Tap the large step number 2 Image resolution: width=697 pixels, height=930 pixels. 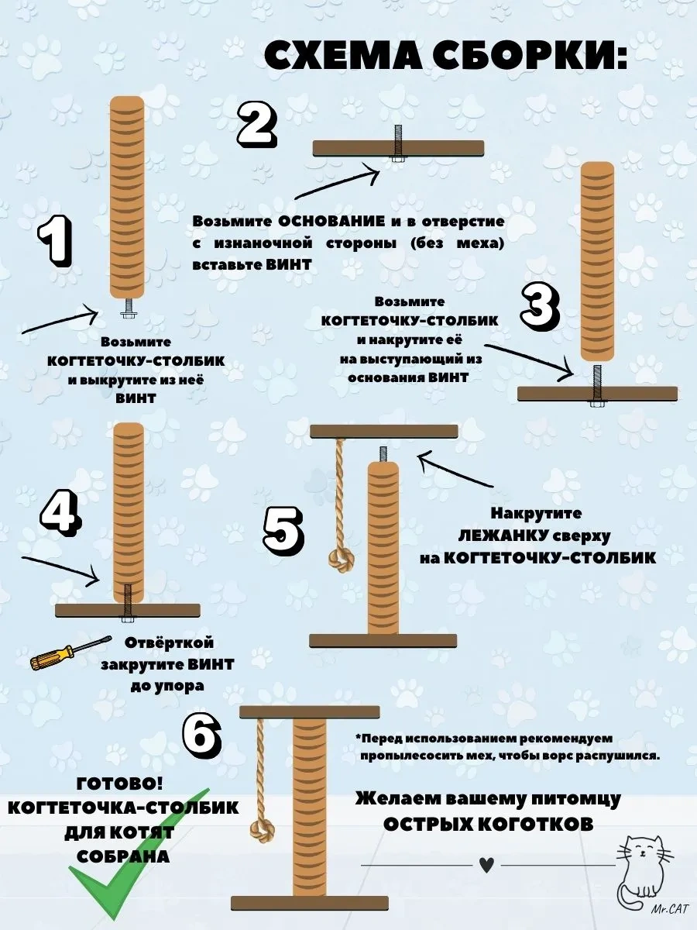(257, 124)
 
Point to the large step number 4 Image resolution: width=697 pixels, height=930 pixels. (62, 518)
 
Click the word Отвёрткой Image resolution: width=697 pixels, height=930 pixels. (169, 643)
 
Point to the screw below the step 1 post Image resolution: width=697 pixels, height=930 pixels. (127, 309)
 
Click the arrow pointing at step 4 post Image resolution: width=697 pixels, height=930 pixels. (61, 570)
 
